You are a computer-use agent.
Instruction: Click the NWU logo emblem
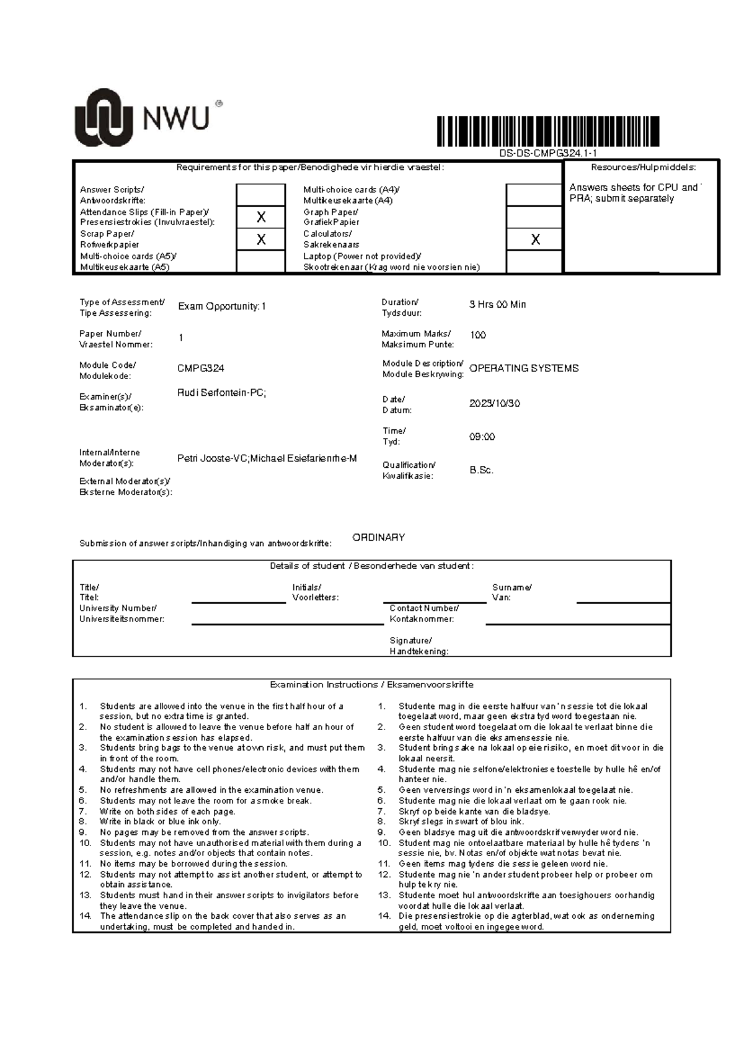pos(104,118)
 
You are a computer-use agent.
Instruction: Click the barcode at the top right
pos(548,131)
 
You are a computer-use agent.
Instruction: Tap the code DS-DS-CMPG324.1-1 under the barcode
pos(548,154)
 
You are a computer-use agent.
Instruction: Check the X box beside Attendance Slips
pos(261,217)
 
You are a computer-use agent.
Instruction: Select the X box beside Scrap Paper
pos(261,239)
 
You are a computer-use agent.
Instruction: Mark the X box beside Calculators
pos(535,239)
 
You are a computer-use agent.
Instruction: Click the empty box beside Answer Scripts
pos(261,195)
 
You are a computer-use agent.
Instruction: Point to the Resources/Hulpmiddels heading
pos(643,167)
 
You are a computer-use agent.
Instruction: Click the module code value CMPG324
pos(201,368)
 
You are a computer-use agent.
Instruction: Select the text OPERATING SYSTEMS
pos(524,368)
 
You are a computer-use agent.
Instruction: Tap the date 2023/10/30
pos(494,403)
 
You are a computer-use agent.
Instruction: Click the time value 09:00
pos(482,437)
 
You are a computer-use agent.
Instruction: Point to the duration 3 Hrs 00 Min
pos(497,305)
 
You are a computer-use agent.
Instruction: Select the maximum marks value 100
pos(477,335)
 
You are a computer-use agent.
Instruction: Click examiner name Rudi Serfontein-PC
pos(221,393)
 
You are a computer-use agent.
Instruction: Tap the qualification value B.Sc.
pos(481,470)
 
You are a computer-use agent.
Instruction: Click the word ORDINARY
pos(378,537)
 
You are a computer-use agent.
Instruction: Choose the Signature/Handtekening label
pos(418,646)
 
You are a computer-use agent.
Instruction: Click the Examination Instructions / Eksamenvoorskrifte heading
pos(371,685)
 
